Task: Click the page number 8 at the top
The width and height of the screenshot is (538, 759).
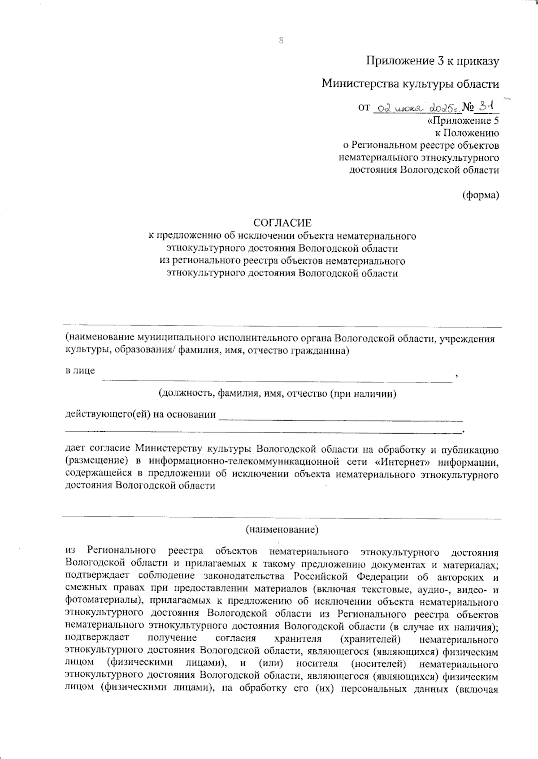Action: click(281, 40)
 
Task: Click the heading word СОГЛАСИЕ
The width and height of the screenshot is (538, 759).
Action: click(282, 223)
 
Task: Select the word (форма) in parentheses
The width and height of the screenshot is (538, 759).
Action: click(481, 195)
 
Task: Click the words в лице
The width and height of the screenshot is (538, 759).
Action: click(80, 371)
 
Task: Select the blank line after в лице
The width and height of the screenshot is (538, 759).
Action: click(278, 380)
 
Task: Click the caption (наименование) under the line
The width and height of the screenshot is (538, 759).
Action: click(282, 530)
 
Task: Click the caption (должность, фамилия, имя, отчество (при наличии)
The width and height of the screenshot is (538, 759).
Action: click(278, 394)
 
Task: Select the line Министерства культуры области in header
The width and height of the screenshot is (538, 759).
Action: click(410, 84)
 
